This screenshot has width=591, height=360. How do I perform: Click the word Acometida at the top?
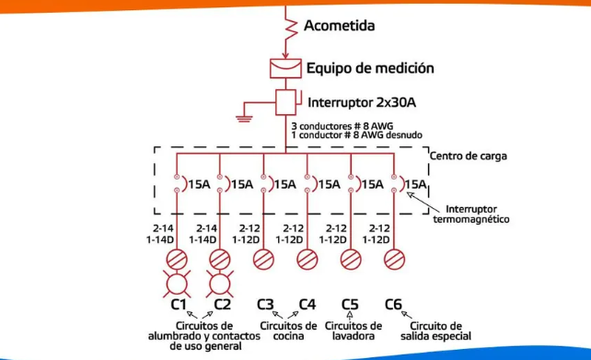click(x=339, y=26)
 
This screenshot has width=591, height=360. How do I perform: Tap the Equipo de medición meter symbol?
click(x=284, y=68)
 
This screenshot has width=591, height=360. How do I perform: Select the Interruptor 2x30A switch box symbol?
click(x=285, y=101)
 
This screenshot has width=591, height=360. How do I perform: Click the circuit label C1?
click(x=179, y=304)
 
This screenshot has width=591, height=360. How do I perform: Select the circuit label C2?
click(x=222, y=304)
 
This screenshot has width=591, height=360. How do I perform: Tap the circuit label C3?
click(x=265, y=304)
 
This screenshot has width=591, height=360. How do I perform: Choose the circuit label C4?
click(x=307, y=304)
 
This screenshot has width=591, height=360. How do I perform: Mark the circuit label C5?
click(x=350, y=304)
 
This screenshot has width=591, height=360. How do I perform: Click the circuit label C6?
click(x=393, y=304)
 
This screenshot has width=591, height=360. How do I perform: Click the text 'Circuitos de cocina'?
click(x=287, y=331)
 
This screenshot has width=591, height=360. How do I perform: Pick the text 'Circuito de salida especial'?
click(x=436, y=331)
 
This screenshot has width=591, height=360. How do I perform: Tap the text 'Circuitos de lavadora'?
click(x=354, y=331)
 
